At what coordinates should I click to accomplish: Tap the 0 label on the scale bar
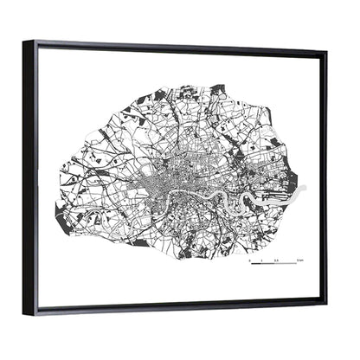250,259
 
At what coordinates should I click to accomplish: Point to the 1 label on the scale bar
260,259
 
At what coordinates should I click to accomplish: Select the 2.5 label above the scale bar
276,259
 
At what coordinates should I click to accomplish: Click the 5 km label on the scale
298,259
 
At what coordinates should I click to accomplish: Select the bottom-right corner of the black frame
326,299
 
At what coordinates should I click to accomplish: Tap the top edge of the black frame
173,46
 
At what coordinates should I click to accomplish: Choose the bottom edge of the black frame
173,306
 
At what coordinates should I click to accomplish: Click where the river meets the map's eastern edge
299,191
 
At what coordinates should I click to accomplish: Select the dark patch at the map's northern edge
217,88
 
